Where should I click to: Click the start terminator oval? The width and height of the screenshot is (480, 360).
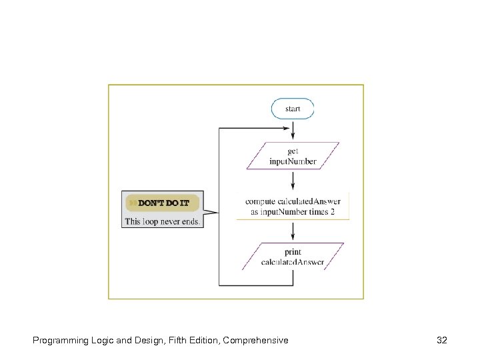(293, 109)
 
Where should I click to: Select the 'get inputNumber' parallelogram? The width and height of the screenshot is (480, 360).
(293, 156)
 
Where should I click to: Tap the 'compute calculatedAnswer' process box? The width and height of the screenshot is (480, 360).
(293, 206)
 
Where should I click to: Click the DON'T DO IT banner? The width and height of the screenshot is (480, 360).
(162, 202)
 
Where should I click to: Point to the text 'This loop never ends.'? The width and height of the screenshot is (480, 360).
(162, 221)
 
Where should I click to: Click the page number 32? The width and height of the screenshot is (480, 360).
(441, 340)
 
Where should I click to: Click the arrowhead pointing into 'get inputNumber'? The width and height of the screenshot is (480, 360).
(293, 138)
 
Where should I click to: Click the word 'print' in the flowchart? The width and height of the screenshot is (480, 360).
(293, 252)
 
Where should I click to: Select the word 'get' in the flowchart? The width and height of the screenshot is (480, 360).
(293, 151)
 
